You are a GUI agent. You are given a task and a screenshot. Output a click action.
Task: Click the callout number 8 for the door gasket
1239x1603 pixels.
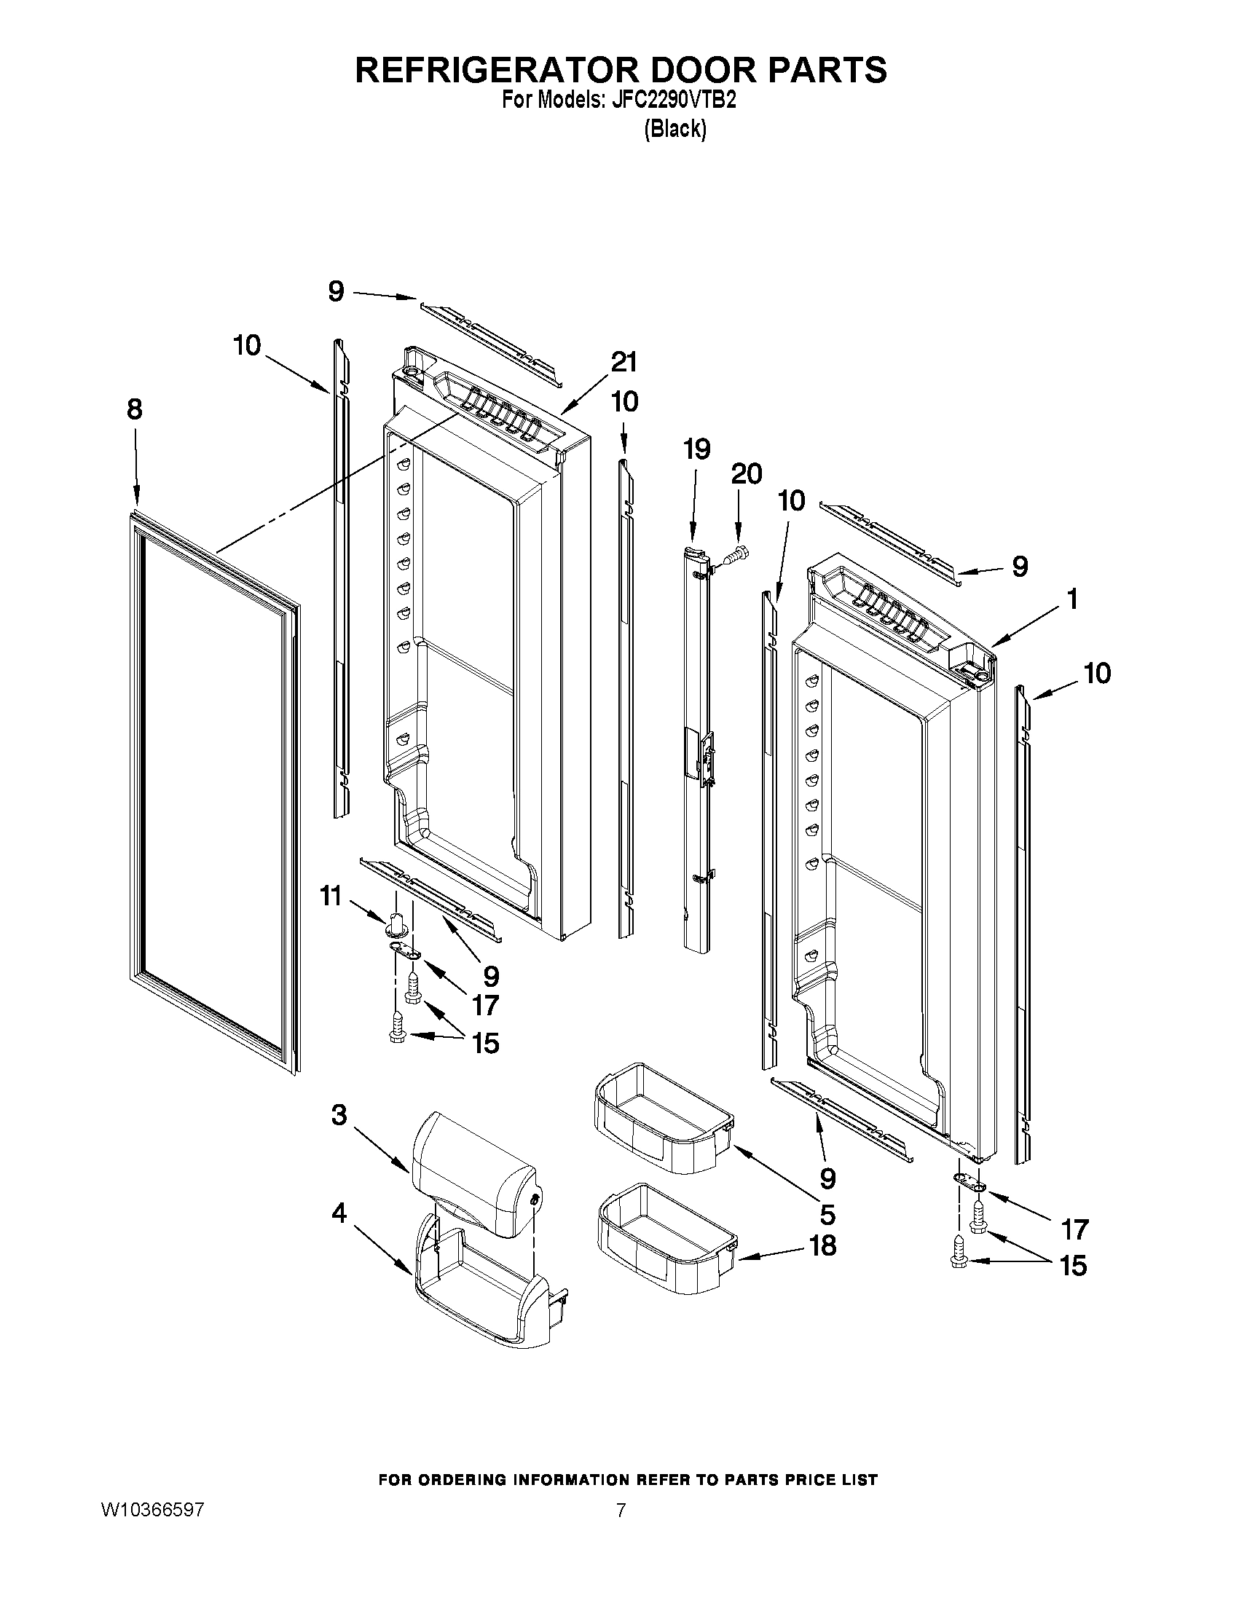[x=134, y=409]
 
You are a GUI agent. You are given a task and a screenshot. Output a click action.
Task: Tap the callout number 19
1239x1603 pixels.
[x=696, y=449]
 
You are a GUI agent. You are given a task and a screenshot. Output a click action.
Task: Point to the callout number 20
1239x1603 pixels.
[x=746, y=474]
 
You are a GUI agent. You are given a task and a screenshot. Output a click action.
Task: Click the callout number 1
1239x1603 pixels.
[x=1071, y=599]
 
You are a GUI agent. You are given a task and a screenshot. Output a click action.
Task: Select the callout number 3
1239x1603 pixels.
[x=339, y=1116]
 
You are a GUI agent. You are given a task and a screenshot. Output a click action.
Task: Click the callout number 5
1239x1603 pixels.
[x=827, y=1216]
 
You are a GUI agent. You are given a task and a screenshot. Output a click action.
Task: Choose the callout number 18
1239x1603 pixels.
[x=823, y=1245]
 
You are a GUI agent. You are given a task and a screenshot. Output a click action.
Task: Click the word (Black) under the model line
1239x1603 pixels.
[x=674, y=129]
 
